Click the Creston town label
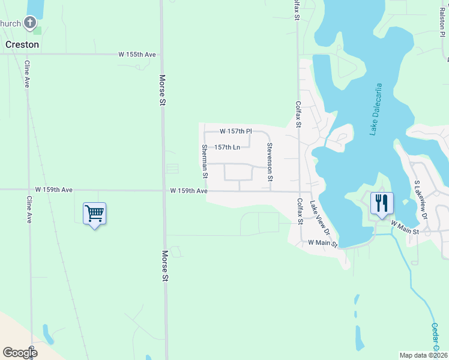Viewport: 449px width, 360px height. (x=22, y=44)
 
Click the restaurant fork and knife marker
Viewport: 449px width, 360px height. (x=381, y=203)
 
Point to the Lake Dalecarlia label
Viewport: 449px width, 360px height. (x=376, y=109)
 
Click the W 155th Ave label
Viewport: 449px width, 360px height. (x=137, y=55)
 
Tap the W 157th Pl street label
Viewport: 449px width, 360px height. (x=235, y=131)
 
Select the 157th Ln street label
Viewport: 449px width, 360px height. (x=227, y=147)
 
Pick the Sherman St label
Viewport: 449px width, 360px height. (x=205, y=161)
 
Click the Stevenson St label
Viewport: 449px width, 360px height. (x=270, y=162)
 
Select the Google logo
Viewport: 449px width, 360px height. (x=20, y=353)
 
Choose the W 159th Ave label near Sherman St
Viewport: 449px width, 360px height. (x=188, y=191)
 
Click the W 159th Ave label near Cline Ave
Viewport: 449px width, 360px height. (x=53, y=190)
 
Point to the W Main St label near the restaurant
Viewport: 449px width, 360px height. (x=405, y=224)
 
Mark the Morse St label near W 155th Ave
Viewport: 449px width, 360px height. (x=161, y=90)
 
